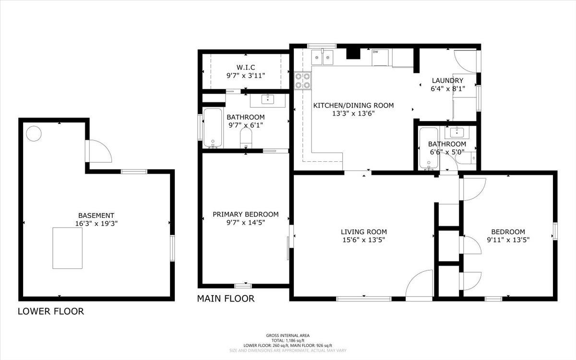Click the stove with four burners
[303, 81]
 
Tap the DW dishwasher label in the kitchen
[375, 52]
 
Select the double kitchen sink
[322, 57]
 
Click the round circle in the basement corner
[34, 134]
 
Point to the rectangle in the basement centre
[68, 248]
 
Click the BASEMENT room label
[96, 215]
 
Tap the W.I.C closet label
[246, 67]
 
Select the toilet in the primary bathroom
[246, 138]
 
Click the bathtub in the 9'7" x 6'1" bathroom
[213, 128]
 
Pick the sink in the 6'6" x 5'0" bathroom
[456, 132]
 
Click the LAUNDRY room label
[448, 81]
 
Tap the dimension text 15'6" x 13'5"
[364, 240]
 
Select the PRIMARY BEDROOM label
[246, 214]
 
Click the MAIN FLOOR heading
[226, 299]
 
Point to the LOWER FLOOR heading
[51, 312]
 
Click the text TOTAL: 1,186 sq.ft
[288, 340]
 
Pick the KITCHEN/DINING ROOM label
[354, 105]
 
